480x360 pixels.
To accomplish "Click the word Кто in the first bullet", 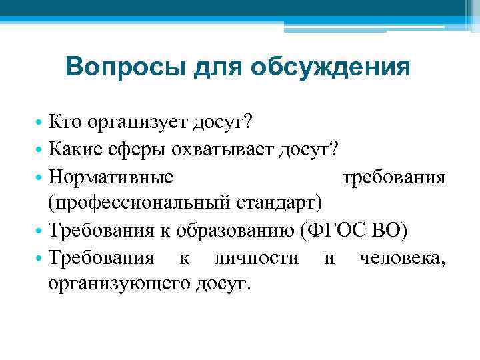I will (65, 123).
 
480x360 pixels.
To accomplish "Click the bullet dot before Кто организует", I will (40, 123).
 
